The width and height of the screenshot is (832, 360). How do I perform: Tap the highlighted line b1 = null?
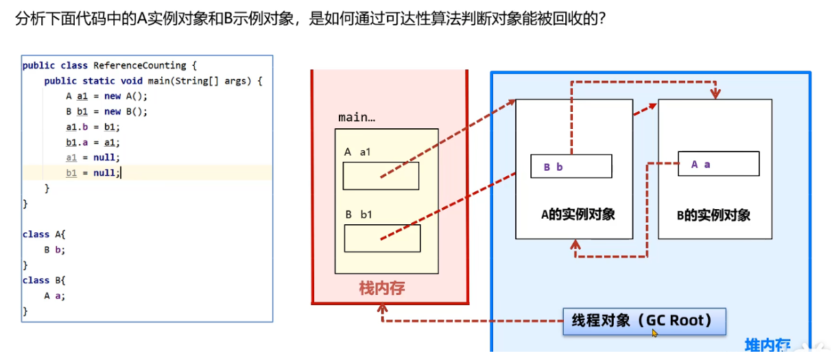93,173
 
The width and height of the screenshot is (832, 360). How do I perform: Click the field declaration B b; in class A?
55,250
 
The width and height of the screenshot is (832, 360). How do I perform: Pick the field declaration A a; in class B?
55,296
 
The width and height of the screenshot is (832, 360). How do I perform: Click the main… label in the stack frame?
357,117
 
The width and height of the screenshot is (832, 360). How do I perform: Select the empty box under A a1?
381,176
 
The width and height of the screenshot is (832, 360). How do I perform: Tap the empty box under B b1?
381,238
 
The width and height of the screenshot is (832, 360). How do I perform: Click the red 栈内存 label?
382,288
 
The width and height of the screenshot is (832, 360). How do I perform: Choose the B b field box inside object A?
571,167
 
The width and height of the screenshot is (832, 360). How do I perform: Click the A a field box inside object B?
718,164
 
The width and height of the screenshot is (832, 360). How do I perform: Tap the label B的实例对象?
713,215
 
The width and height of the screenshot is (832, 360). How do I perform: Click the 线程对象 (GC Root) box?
643,321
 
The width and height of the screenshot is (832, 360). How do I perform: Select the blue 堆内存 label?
768,345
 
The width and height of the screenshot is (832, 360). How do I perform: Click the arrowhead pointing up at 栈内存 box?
381,310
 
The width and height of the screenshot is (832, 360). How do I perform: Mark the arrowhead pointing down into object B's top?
716,94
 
